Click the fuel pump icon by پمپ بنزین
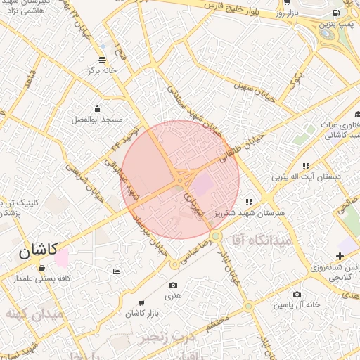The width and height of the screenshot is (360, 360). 337,12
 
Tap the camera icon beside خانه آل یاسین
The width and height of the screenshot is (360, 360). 297,294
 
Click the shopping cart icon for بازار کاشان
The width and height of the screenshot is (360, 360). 142,302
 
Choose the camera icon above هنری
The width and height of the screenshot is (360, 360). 173,285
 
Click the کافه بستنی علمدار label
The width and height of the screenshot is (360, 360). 42,279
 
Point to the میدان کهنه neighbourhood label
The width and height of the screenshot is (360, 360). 34,313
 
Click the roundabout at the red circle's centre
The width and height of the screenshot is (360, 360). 181,179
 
